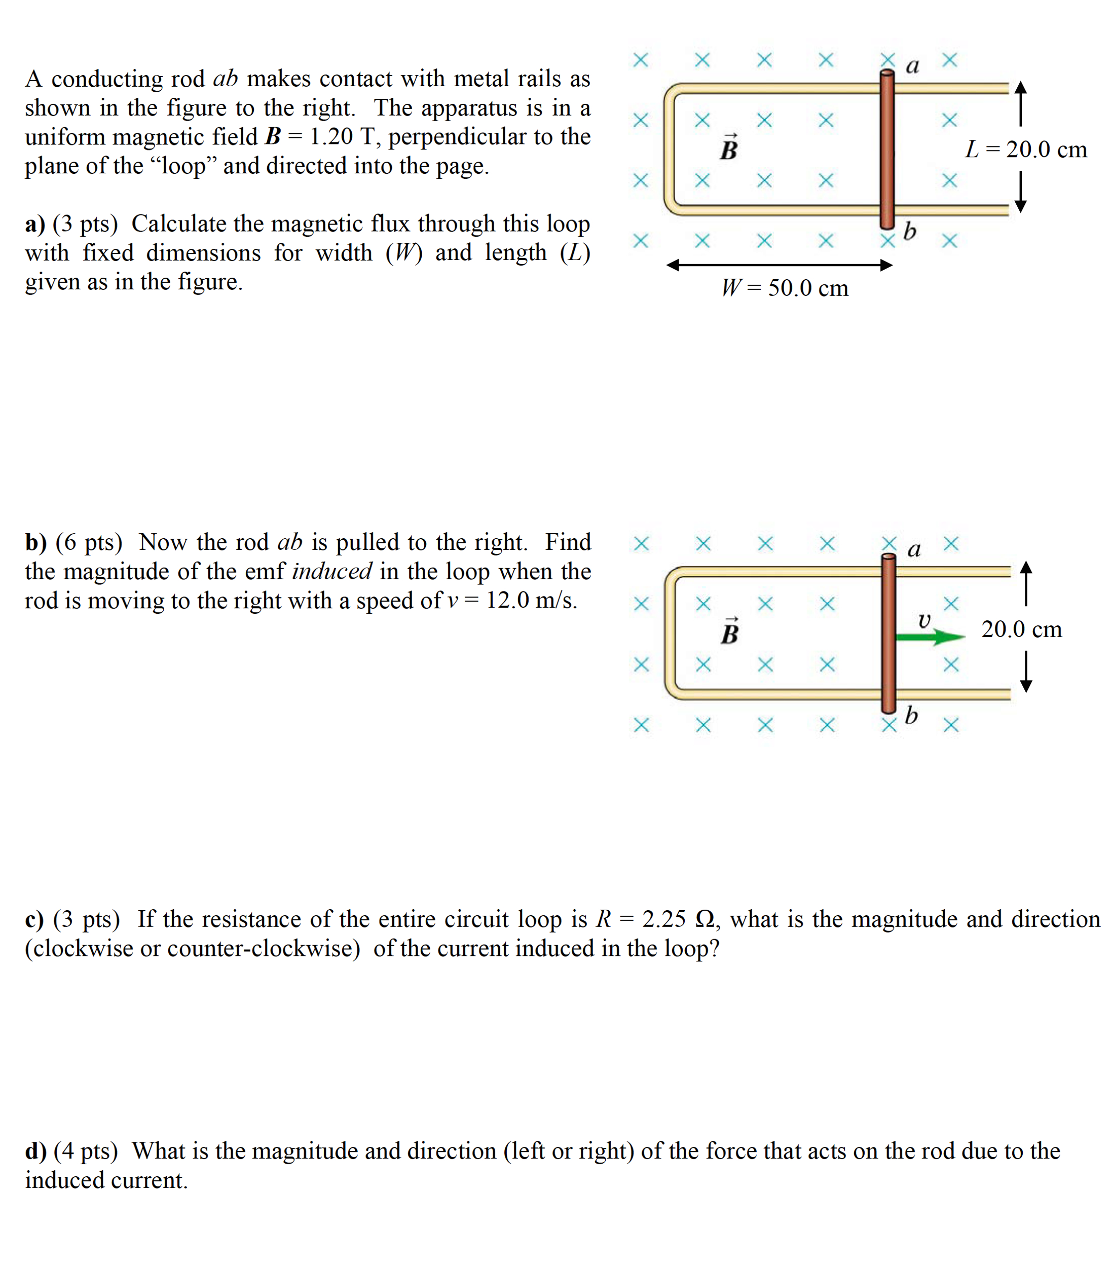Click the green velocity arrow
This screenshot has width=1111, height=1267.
pyautogui.click(x=930, y=637)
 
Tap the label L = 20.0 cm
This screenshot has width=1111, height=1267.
pyautogui.click(x=1026, y=150)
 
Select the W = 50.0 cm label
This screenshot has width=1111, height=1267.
pyautogui.click(x=785, y=288)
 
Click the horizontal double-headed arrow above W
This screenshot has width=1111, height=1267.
pyautogui.click(x=780, y=265)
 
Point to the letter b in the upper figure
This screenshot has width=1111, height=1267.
pyautogui.click(x=909, y=231)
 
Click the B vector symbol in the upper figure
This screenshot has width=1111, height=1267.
pyautogui.click(x=729, y=147)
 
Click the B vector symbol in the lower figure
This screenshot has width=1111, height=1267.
pyautogui.click(x=730, y=631)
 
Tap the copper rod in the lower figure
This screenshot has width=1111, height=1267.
pyautogui.click(x=888, y=632)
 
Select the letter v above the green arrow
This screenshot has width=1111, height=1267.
pyautogui.click(x=924, y=620)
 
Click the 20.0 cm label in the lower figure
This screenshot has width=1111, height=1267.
pyautogui.click(x=1022, y=629)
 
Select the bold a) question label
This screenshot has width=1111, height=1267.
pyautogui.click(x=34, y=224)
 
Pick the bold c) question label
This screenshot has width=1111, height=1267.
pyautogui.click(x=34, y=919)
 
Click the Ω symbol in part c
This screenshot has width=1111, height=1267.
pyautogui.click(x=706, y=919)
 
